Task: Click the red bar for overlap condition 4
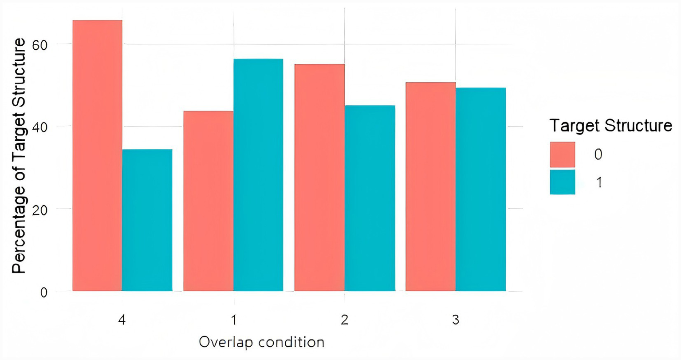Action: [x=97, y=155]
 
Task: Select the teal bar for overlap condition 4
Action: [x=147, y=220]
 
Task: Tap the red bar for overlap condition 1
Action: [x=209, y=201]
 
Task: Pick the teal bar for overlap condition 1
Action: [x=258, y=175]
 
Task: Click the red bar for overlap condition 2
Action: [x=319, y=178]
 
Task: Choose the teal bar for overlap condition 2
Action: [x=370, y=198]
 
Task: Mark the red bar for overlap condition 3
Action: [x=431, y=186]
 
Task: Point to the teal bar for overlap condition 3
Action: [x=481, y=189]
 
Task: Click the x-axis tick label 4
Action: [x=122, y=320]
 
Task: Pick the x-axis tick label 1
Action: [x=233, y=320]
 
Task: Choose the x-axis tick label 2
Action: [x=345, y=320]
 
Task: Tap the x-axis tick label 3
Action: [x=456, y=320]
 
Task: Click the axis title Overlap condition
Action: [x=262, y=342]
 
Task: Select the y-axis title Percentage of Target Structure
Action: [x=19, y=155]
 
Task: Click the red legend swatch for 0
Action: [x=562, y=154]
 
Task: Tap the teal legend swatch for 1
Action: [x=562, y=182]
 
